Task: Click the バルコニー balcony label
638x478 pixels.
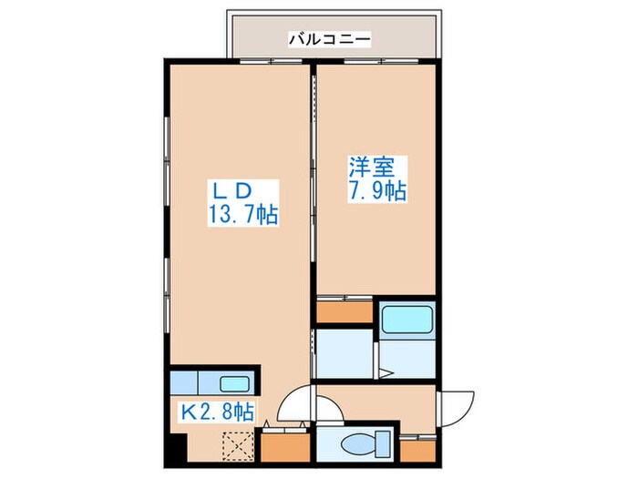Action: [330, 39]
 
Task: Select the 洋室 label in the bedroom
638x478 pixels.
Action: [372, 167]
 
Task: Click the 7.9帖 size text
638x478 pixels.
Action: [376, 190]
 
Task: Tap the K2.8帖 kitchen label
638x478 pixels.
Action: [218, 412]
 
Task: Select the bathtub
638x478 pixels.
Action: [406, 320]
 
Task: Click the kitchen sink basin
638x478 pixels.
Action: [234, 383]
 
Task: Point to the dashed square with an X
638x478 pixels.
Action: [238, 445]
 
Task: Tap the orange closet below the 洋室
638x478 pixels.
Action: [345, 312]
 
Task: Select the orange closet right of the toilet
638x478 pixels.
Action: [417, 452]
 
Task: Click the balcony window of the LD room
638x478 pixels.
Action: [271, 62]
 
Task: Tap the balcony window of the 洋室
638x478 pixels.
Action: [381, 62]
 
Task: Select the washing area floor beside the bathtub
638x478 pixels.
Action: [407, 360]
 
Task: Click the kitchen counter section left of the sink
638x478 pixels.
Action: [184, 383]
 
